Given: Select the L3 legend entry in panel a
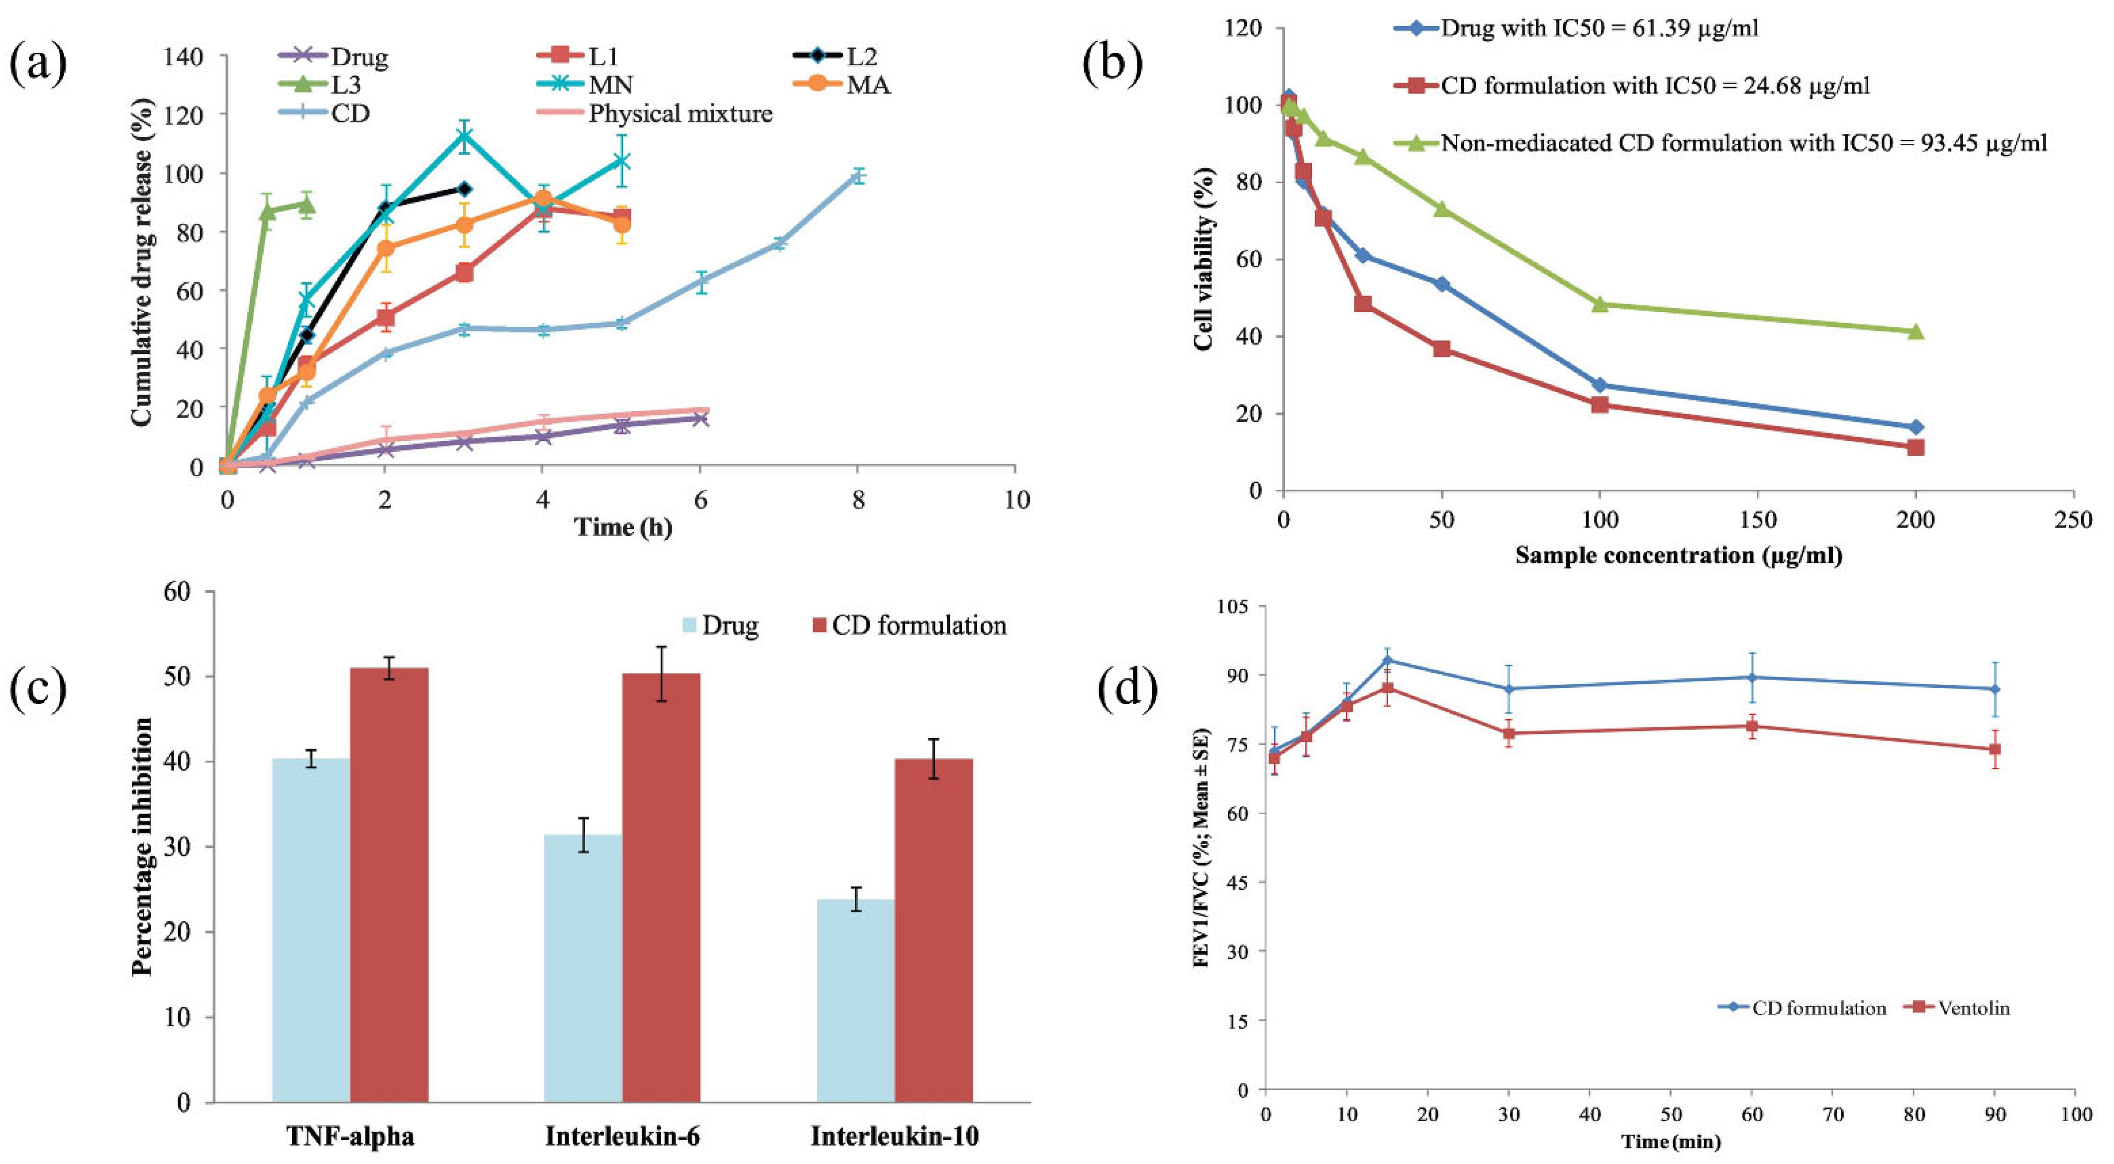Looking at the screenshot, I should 345,85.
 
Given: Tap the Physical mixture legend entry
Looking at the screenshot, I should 680,113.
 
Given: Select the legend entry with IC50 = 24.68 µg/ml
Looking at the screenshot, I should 1654,86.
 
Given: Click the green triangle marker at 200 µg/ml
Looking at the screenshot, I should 1916,331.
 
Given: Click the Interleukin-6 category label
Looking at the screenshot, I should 622,1136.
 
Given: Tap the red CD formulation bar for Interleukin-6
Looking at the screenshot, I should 661,886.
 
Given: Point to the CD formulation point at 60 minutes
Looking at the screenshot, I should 1752,677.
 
